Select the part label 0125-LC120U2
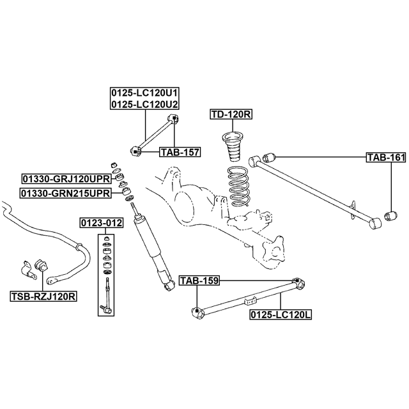(x=144, y=104)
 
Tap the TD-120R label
(x=231, y=114)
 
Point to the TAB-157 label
(x=180, y=152)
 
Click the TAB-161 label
(x=385, y=157)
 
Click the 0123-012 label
(x=101, y=222)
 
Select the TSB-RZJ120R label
(x=43, y=297)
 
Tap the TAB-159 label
(x=199, y=280)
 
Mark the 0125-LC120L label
(x=281, y=314)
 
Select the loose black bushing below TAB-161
(x=391, y=213)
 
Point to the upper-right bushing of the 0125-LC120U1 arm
(x=173, y=118)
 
